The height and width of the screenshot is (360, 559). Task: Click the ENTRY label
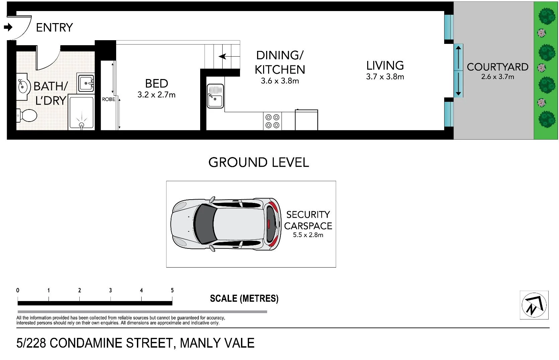pos(54,27)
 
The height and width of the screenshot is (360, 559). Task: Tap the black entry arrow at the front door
pos(8,27)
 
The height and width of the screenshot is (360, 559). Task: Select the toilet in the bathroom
pos(27,116)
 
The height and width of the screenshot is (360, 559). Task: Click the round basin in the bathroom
pos(22,86)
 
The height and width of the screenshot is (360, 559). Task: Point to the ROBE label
pos(108,99)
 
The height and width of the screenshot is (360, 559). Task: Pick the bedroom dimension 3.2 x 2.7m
pos(156,95)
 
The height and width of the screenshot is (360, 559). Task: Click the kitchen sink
pos(215,96)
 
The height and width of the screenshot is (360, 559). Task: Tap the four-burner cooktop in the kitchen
pos(272,121)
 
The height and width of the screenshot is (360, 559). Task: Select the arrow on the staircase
pos(222,56)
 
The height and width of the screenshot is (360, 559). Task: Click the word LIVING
pos(385,66)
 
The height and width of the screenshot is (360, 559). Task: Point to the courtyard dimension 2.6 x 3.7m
pos(497,77)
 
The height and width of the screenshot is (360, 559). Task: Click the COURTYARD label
pos(497,67)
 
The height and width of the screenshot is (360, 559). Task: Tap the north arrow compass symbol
pos(534,305)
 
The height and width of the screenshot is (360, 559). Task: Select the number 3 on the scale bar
pos(110,290)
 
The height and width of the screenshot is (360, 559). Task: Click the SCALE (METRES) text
pos(244,298)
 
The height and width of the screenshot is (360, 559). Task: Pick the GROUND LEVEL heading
pos(258,162)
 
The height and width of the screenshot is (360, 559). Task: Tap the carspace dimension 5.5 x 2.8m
pos(308,235)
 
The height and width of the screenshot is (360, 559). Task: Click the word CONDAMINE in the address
pos(87,343)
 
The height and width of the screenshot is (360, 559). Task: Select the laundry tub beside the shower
pos(86,83)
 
